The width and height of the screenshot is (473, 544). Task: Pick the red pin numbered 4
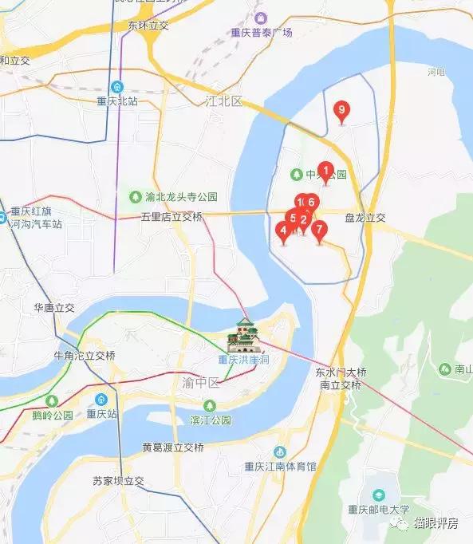tap(282, 231)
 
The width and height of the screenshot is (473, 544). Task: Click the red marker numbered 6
tap(312, 203)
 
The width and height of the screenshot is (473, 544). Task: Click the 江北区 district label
tap(223, 101)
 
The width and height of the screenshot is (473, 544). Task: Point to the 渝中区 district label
tap(199, 383)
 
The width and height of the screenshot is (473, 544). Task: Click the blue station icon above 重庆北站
tap(117, 86)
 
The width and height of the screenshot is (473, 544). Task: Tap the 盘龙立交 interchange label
tap(365, 217)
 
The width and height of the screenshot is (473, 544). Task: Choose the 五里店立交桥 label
tap(171, 217)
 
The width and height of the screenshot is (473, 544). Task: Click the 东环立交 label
tap(148, 26)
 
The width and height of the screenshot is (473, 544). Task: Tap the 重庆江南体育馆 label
tap(281, 467)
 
